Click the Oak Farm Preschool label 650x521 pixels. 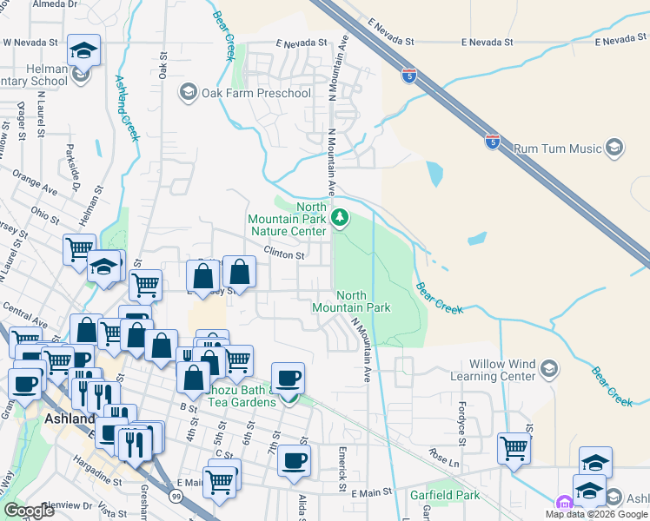click(256, 93)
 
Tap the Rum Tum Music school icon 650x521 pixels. click(615, 148)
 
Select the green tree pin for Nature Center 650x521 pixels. click(341, 219)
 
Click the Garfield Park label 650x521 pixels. click(444, 496)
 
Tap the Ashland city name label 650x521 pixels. click(68, 419)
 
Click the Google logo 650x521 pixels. click(30, 510)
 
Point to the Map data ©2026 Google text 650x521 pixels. click(596, 514)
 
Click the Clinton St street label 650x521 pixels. click(284, 255)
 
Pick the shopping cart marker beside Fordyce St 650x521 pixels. click(514, 449)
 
